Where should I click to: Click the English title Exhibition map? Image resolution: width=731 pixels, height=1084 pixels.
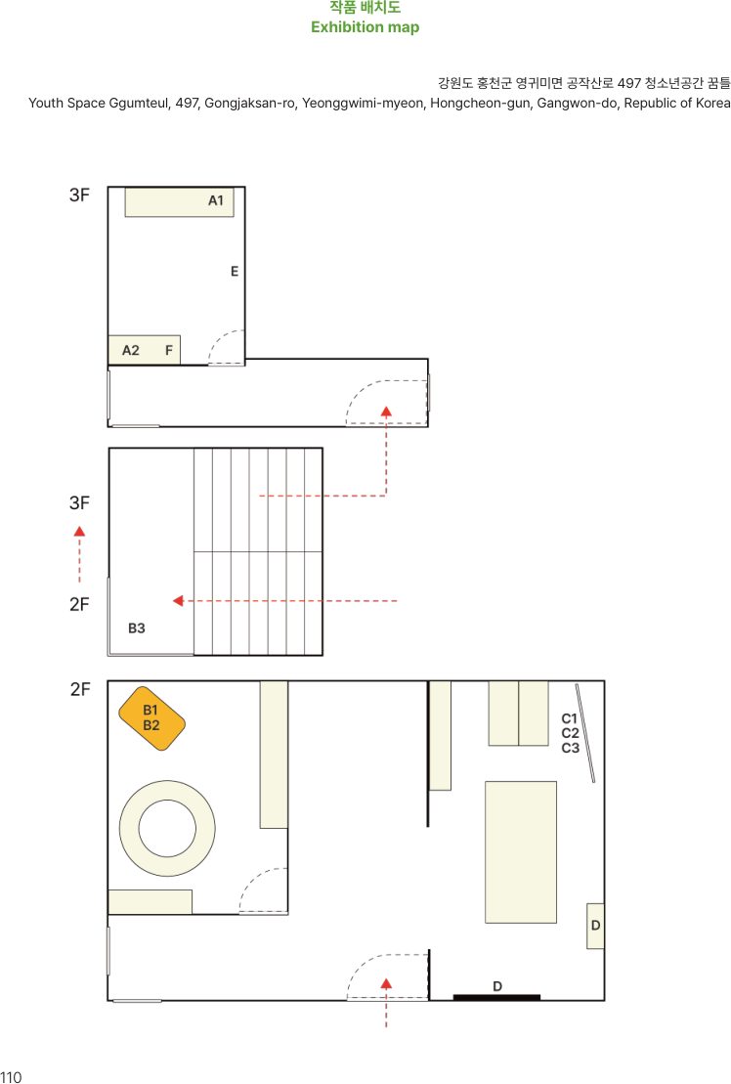point(365,27)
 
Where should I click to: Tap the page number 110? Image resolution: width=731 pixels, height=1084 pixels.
point(11,1076)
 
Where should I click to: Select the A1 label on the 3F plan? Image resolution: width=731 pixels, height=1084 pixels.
point(216,200)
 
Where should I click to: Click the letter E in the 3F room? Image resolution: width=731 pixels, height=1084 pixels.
point(235,272)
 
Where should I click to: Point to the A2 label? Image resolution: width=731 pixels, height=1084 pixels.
point(131,351)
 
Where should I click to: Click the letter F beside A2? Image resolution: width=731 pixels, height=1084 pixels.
point(169,351)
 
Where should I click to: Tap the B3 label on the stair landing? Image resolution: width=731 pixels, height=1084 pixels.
point(137,629)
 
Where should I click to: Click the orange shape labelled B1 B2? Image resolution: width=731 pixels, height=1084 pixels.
point(152,718)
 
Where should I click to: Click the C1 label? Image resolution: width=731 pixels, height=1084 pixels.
point(570,719)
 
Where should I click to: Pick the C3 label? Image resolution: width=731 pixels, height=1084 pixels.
point(570,748)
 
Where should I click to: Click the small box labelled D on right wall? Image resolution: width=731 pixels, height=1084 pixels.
point(595,926)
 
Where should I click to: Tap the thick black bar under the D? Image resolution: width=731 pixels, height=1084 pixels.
point(496,997)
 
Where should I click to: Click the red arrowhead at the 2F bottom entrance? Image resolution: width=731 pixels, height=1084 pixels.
point(386,983)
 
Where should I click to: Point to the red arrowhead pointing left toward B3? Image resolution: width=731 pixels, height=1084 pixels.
point(178,601)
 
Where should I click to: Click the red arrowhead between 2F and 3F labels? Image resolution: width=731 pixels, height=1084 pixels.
point(79,532)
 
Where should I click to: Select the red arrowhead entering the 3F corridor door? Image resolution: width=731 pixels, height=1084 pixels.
point(386,412)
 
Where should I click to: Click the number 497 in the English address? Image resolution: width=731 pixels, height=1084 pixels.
point(187,103)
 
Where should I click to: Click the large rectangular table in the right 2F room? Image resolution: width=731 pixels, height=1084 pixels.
point(521,851)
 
